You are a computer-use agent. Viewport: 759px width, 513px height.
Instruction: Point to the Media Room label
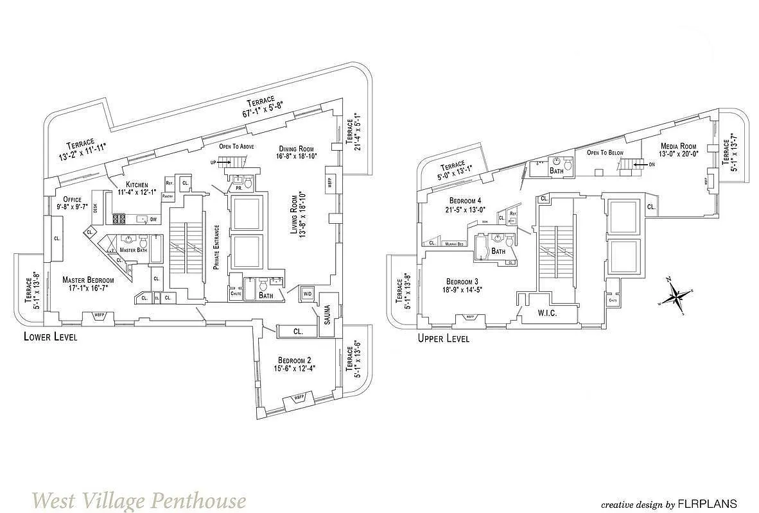(679, 146)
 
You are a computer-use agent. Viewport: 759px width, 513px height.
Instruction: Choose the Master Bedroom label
(88, 280)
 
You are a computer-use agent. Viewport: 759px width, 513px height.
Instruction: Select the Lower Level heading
(50, 337)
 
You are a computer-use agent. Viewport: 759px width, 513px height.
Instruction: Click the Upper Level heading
(443, 338)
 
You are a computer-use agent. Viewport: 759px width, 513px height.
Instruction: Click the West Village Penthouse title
(139, 499)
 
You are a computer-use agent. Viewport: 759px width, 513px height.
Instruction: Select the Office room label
(68, 198)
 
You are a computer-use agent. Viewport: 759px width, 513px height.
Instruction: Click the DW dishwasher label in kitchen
(153, 219)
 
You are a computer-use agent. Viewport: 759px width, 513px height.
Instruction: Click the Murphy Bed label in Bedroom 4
(455, 244)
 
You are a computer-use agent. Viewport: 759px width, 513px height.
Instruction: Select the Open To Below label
(605, 153)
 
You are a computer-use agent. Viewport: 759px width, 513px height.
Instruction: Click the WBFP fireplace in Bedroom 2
(299, 398)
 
